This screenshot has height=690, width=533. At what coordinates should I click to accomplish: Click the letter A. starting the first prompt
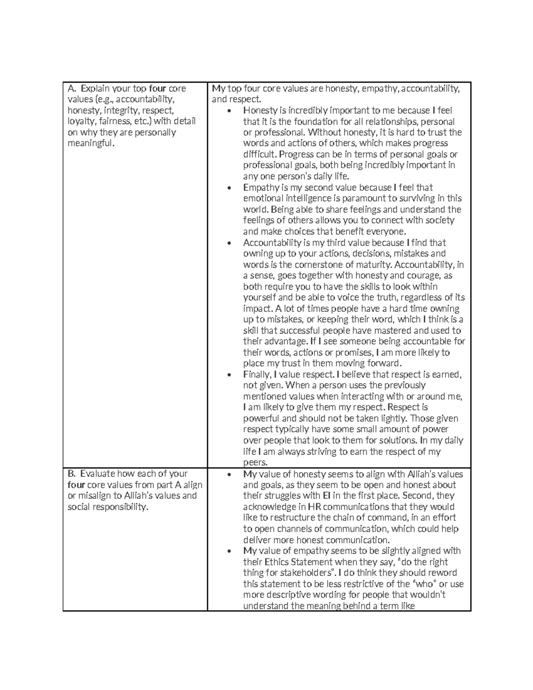coord(72,88)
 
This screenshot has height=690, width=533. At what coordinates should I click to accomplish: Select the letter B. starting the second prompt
coord(72,474)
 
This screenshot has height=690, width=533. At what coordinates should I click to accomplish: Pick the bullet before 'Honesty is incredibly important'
coord(229,111)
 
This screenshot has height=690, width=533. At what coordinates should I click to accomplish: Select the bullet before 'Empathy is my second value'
coord(229,188)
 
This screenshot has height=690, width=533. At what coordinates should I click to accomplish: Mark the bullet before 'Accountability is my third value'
coord(229,243)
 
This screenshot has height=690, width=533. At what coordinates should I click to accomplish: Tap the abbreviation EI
coord(319,495)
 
